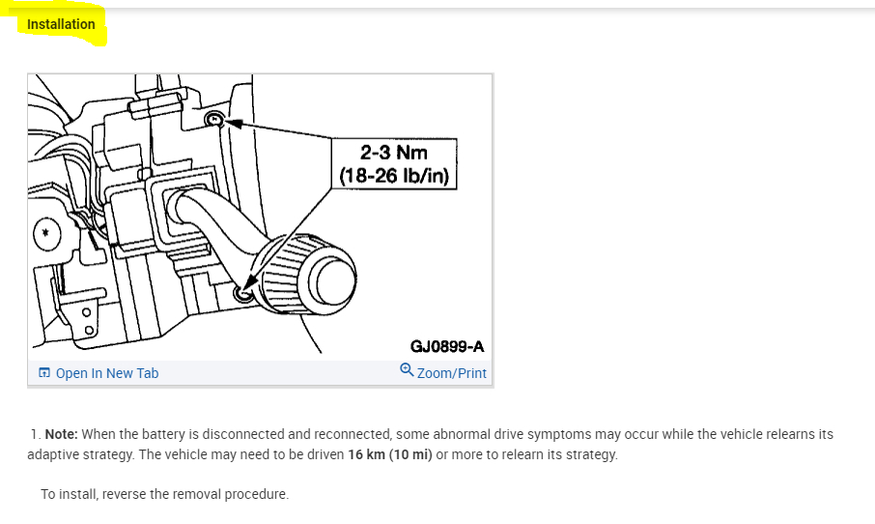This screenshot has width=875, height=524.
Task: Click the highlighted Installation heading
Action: pyautogui.click(x=61, y=24)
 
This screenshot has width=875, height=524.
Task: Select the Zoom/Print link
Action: pyautogui.click(x=451, y=373)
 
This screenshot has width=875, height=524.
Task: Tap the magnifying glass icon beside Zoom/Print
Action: pyautogui.click(x=407, y=370)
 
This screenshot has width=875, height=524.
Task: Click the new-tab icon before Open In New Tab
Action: pyautogui.click(x=44, y=372)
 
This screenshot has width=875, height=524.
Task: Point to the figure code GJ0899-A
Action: pyautogui.click(x=447, y=346)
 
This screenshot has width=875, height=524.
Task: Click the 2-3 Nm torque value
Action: pyautogui.click(x=394, y=153)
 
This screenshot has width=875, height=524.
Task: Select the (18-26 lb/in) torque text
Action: pyautogui.click(x=394, y=176)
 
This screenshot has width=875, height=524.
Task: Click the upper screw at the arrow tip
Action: pyautogui.click(x=214, y=119)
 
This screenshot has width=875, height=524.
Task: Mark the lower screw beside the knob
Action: pyautogui.click(x=242, y=293)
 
